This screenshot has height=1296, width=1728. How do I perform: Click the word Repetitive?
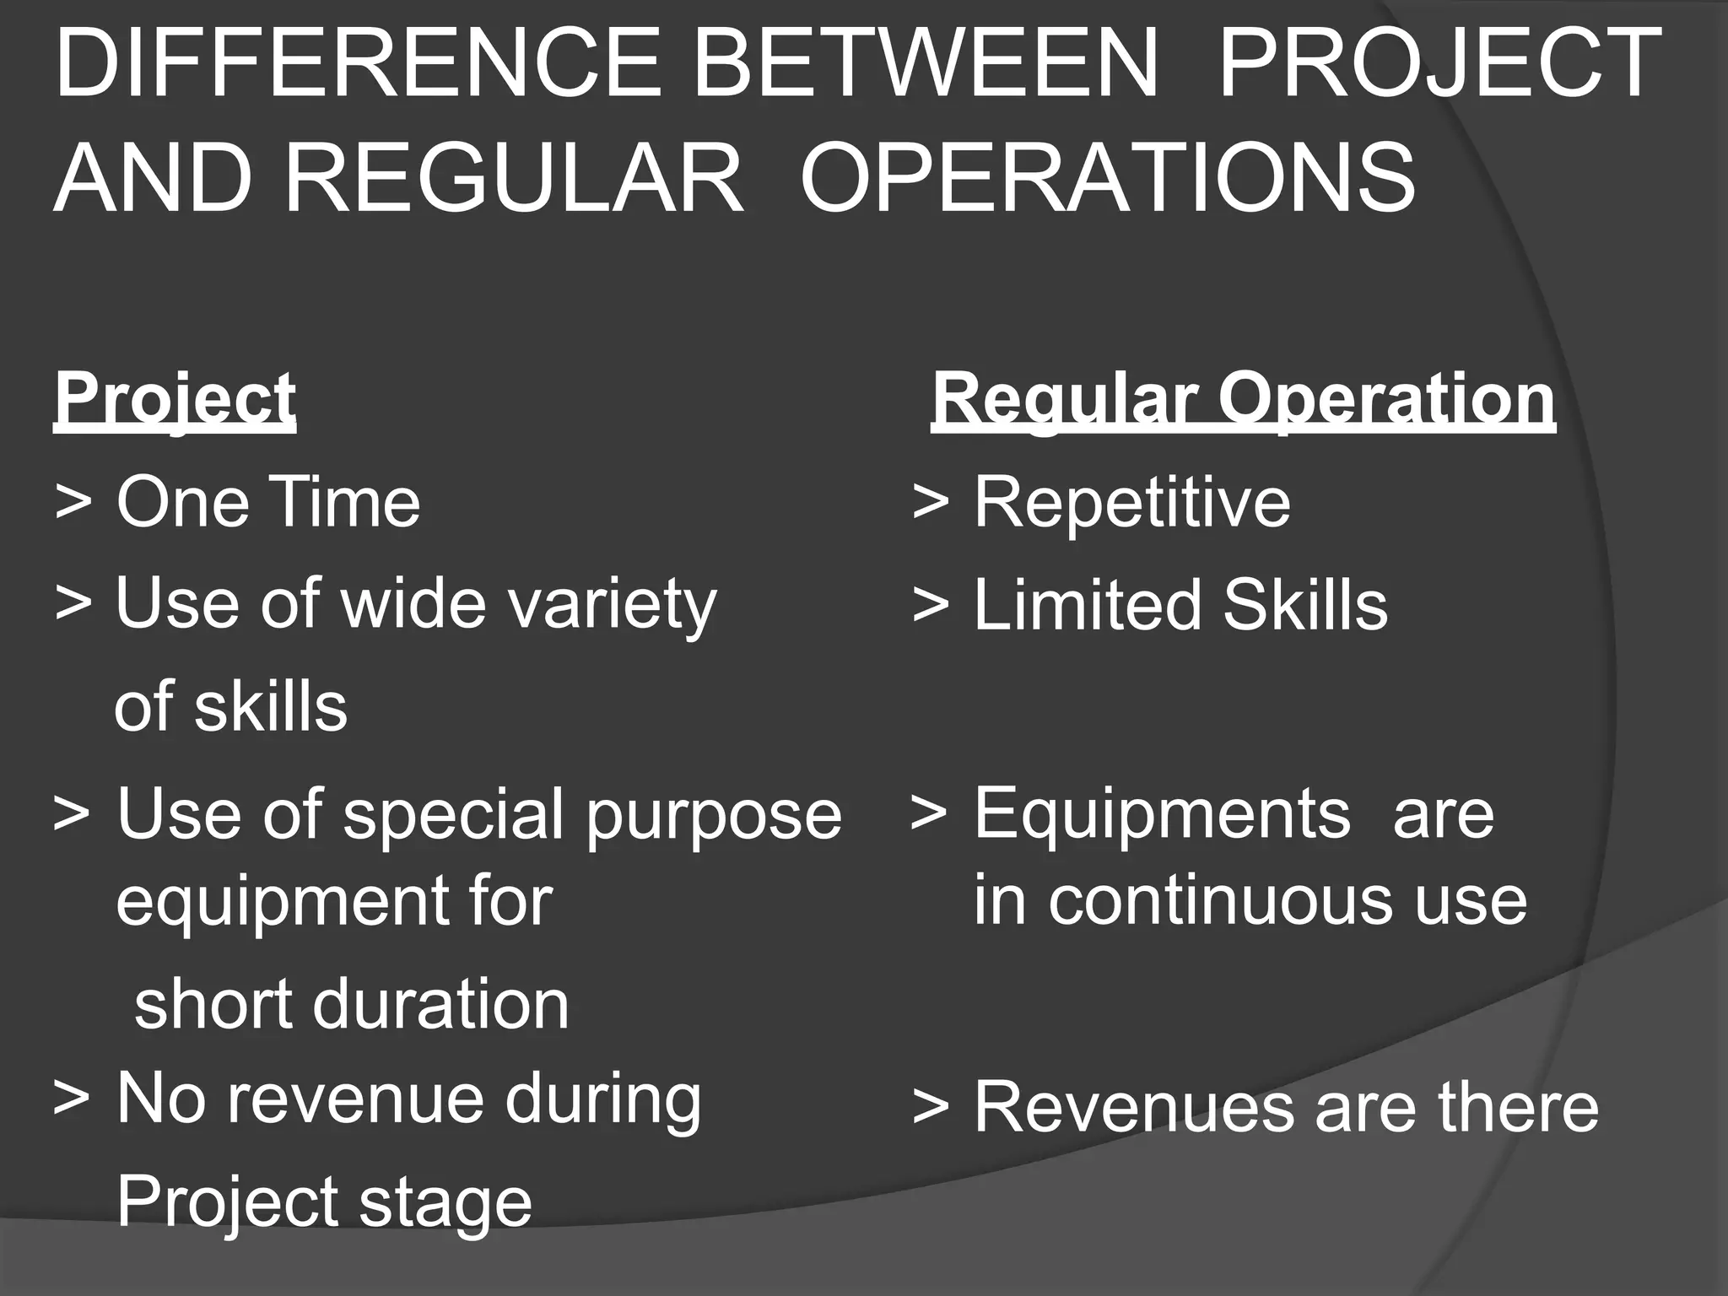click(x=1132, y=503)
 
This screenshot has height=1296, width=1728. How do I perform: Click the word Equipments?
click(x=1162, y=815)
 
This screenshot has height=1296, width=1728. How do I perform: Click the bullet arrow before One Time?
click(x=73, y=503)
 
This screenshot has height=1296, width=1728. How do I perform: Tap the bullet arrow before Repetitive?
click(x=931, y=503)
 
